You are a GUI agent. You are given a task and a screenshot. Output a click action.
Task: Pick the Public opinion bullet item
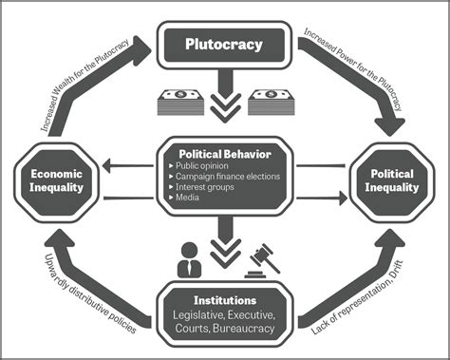coord(210,167)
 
